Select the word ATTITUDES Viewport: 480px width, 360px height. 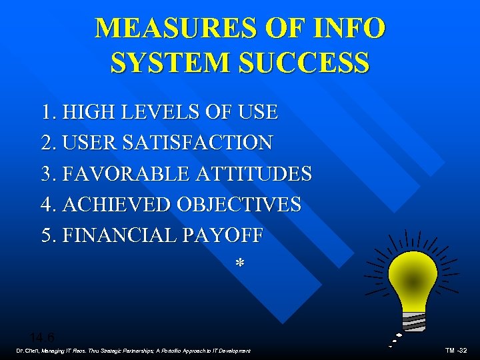[253, 174]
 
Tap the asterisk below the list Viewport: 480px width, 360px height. [239, 265]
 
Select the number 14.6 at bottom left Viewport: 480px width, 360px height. [41, 337]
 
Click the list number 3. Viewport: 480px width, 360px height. [47, 174]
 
